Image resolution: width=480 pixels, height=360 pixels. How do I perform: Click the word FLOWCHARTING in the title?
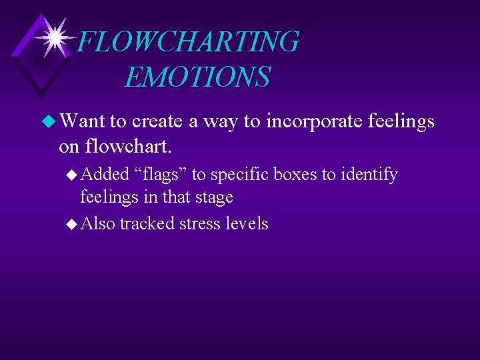(189, 42)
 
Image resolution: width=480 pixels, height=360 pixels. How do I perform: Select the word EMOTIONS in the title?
(197, 77)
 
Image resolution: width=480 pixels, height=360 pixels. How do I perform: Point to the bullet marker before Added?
(73, 175)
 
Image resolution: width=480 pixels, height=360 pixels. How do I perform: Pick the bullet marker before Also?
(73, 223)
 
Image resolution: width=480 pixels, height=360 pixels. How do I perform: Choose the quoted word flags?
(161, 175)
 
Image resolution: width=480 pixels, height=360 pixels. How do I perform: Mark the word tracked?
(148, 223)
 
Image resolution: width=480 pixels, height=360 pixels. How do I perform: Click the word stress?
(200, 223)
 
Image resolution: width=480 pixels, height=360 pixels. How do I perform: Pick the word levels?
(247, 223)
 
